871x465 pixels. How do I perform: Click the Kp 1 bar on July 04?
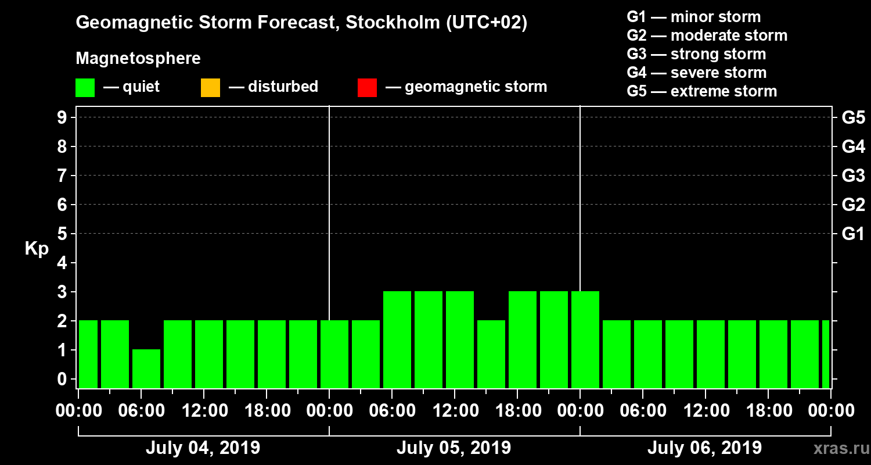[x=146, y=369]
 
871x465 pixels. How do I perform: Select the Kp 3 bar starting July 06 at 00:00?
[x=585, y=339]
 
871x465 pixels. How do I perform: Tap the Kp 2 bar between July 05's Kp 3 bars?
[x=491, y=354]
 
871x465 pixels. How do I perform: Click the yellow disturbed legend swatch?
[x=210, y=88]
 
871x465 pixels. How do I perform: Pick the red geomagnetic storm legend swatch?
[x=367, y=88]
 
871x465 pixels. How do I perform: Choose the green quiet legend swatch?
[x=85, y=88]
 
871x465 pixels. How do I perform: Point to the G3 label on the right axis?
[x=853, y=176]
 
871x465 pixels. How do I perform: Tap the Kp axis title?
[x=37, y=249]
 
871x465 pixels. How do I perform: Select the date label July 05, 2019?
[x=454, y=448]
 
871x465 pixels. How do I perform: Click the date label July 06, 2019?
[x=704, y=448]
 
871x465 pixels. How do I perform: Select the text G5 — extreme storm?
[x=701, y=91]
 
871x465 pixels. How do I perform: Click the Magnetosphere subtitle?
[x=138, y=59]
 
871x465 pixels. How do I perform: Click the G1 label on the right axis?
[x=853, y=234]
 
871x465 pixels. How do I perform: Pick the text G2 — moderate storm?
[x=707, y=35]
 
